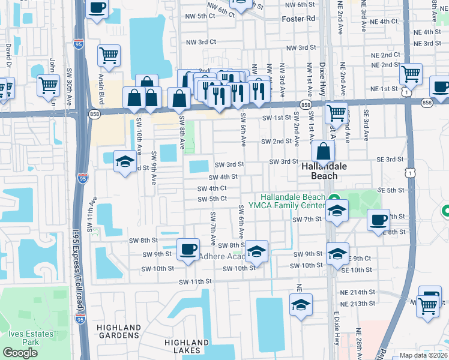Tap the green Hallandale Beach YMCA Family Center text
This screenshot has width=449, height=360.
coord(292,202)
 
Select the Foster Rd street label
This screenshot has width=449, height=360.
coord(298,19)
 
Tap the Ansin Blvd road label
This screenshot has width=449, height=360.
coord(101,88)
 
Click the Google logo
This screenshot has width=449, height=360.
coord(20,353)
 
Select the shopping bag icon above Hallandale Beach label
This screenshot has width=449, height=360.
coord(323,152)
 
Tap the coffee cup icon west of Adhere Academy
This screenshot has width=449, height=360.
coord(188,247)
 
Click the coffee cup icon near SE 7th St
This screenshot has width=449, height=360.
coord(378,220)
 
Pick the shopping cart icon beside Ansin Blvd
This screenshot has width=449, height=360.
coord(109,55)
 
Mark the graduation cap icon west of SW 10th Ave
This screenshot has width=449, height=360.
coord(125,161)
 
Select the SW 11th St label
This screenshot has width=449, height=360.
coord(196,281)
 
